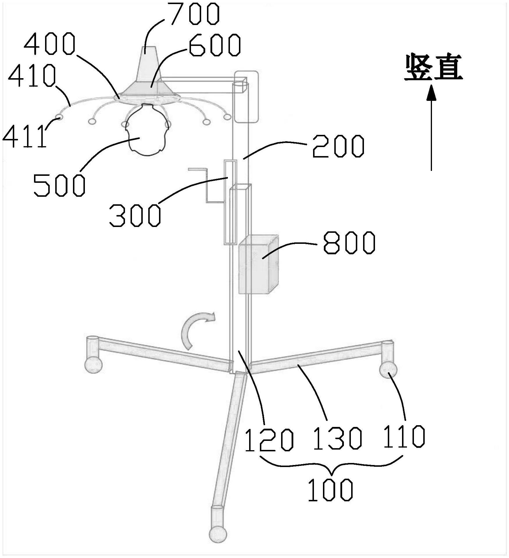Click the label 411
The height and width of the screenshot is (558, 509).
pos(25,136)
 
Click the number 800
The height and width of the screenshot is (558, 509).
pos(349,243)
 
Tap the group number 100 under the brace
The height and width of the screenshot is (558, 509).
pos(331,490)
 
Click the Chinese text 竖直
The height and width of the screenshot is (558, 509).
pos(433,67)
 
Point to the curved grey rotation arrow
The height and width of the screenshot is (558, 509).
pos(194,329)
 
